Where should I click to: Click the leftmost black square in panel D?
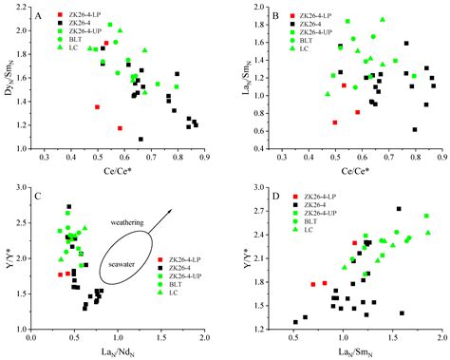pyautogui.click(x=295, y=322)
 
